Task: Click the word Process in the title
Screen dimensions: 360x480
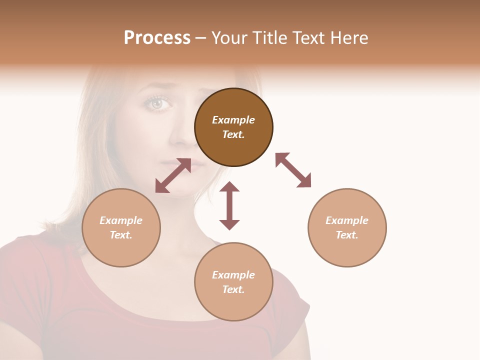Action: click(157, 38)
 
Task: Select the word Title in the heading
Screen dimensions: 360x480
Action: click(268, 38)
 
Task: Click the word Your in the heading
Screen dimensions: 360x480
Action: click(228, 38)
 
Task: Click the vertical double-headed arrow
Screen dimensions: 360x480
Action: click(229, 205)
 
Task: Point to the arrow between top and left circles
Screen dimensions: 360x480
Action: click(173, 175)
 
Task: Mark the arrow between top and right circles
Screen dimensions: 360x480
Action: click(293, 170)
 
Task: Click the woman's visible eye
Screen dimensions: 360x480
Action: click(157, 103)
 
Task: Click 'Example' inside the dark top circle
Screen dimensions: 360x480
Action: click(233, 120)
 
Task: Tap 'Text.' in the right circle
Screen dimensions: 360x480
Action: click(347, 235)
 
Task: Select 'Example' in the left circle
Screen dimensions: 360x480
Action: click(121, 220)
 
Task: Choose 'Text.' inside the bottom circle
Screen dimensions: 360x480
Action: click(233, 289)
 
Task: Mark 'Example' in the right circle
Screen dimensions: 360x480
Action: click(347, 220)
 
